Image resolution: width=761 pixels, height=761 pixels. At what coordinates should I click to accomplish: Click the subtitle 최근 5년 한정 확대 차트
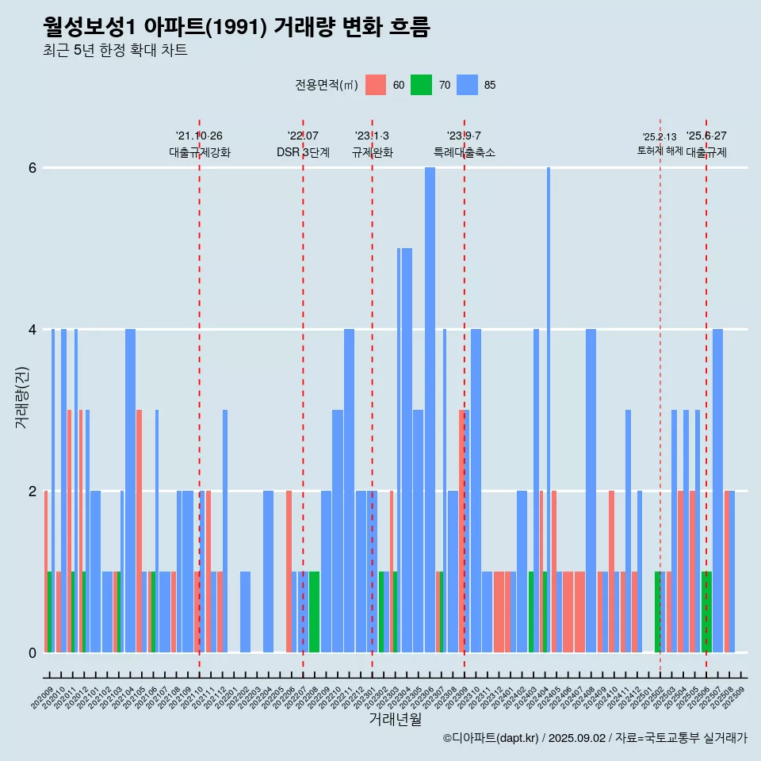(115, 51)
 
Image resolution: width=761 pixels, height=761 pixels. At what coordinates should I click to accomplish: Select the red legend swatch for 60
(376, 85)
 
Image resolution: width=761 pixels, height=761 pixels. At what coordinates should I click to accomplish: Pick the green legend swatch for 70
(421, 85)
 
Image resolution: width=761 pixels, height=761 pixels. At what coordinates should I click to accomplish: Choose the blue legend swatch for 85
(467, 85)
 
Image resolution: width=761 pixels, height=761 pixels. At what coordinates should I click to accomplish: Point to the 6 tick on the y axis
(33, 168)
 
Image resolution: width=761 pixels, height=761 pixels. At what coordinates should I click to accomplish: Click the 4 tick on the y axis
(33, 330)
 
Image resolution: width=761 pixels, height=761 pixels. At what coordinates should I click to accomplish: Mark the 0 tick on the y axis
(33, 653)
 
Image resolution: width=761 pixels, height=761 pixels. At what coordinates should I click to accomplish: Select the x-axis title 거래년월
(395, 719)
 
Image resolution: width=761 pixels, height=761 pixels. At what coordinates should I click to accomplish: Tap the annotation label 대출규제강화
(199, 152)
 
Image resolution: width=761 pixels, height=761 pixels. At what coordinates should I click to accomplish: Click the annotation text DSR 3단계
(303, 152)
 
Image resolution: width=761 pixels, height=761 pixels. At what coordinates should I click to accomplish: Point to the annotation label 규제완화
(372, 152)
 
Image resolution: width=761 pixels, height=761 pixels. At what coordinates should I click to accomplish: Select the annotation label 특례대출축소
(464, 152)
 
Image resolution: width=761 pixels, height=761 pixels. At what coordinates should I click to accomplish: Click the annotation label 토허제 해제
(660, 151)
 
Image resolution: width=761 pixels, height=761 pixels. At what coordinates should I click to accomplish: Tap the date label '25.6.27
(706, 136)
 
